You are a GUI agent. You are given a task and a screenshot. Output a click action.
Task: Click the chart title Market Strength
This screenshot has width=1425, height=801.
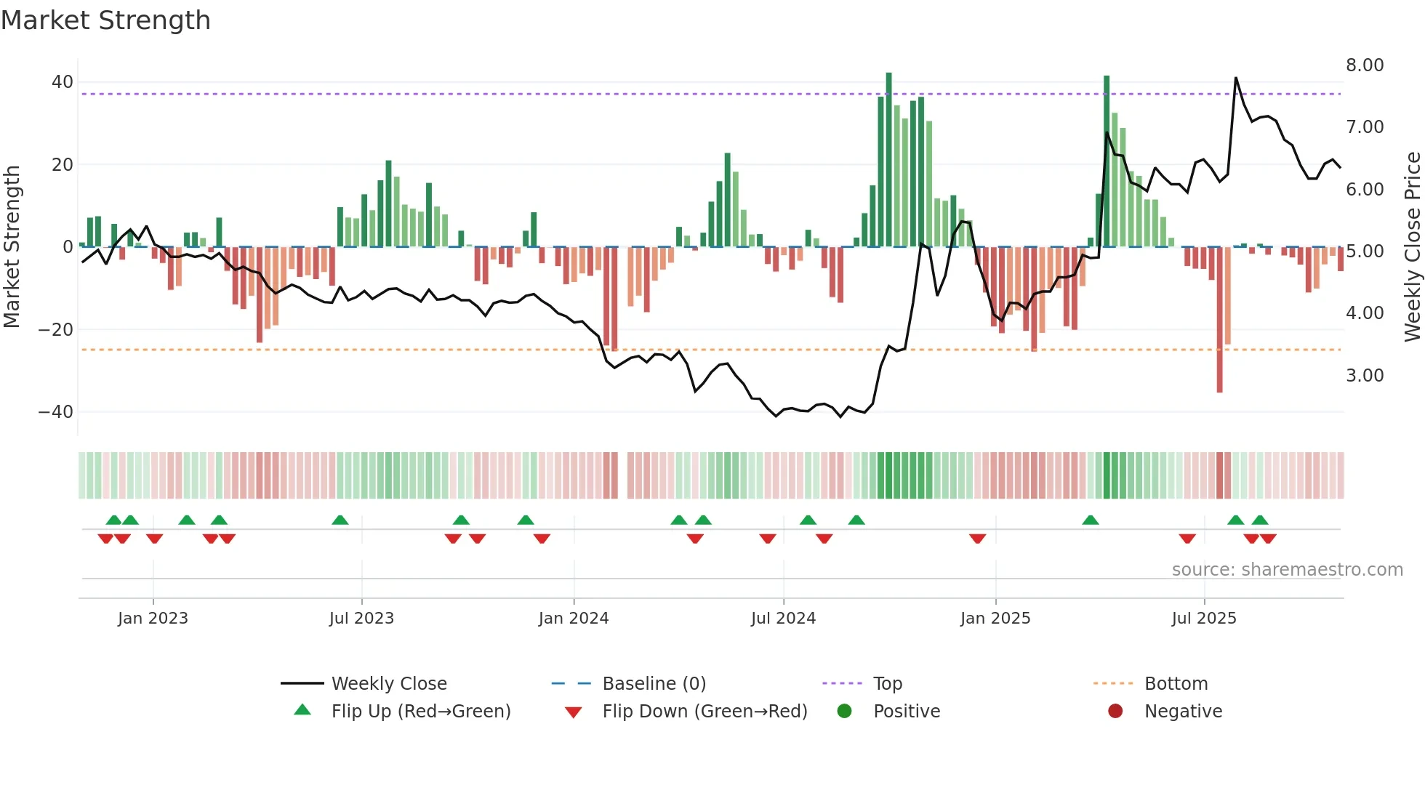pyautogui.click(x=105, y=20)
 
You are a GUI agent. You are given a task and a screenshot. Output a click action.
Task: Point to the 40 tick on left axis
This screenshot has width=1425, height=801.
pyautogui.click(x=63, y=82)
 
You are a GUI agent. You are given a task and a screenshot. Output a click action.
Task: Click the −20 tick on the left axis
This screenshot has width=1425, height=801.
pyautogui.click(x=56, y=330)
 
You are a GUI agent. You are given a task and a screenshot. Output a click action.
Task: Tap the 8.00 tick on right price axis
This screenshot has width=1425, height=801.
pyautogui.click(x=1365, y=65)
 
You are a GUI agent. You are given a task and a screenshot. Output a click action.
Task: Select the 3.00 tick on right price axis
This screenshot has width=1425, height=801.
pyautogui.click(x=1365, y=376)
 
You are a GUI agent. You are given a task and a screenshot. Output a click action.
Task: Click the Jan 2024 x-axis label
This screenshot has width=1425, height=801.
pyautogui.click(x=574, y=619)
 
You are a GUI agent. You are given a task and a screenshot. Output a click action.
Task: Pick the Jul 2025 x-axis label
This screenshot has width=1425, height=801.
pyautogui.click(x=1204, y=619)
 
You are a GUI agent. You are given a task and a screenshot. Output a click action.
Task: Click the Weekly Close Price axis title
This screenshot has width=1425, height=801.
pyautogui.click(x=1412, y=247)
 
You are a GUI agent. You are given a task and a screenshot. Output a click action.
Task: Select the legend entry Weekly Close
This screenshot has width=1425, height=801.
pyautogui.click(x=389, y=684)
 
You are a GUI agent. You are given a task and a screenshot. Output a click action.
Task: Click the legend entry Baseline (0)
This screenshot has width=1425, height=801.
pyautogui.click(x=654, y=684)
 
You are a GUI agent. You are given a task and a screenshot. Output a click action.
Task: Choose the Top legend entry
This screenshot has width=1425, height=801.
pyautogui.click(x=888, y=684)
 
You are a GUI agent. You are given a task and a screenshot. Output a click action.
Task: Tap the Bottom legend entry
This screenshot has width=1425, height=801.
pyautogui.click(x=1176, y=684)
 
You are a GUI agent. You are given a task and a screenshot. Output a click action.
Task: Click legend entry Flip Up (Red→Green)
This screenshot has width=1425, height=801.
pyautogui.click(x=421, y=712)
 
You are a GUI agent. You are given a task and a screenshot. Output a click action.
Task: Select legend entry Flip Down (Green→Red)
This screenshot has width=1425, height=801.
pyautogui.click(x=705, y=712)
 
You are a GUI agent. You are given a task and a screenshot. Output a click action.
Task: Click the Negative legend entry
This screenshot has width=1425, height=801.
pyautogui.click(x=1183, y=712)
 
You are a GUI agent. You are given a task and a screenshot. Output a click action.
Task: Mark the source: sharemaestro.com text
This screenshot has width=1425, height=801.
pyautogui.click(x=1287, y=570)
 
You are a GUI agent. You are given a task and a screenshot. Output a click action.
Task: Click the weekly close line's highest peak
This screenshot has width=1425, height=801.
pyautogui.click(x=1235, y=78)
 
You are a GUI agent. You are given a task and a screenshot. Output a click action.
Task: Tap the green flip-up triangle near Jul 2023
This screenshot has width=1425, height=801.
pyautogui.click(x=340, y=520)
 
